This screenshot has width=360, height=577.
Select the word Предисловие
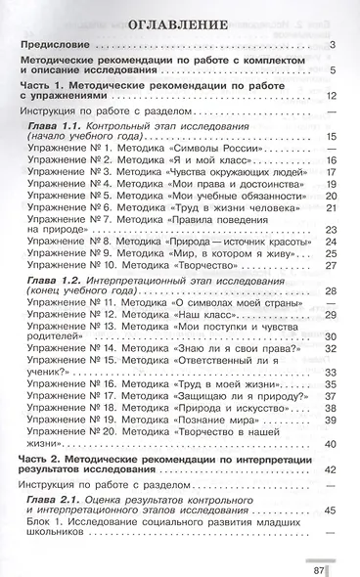pyautogui.click(x=60, y=47)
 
